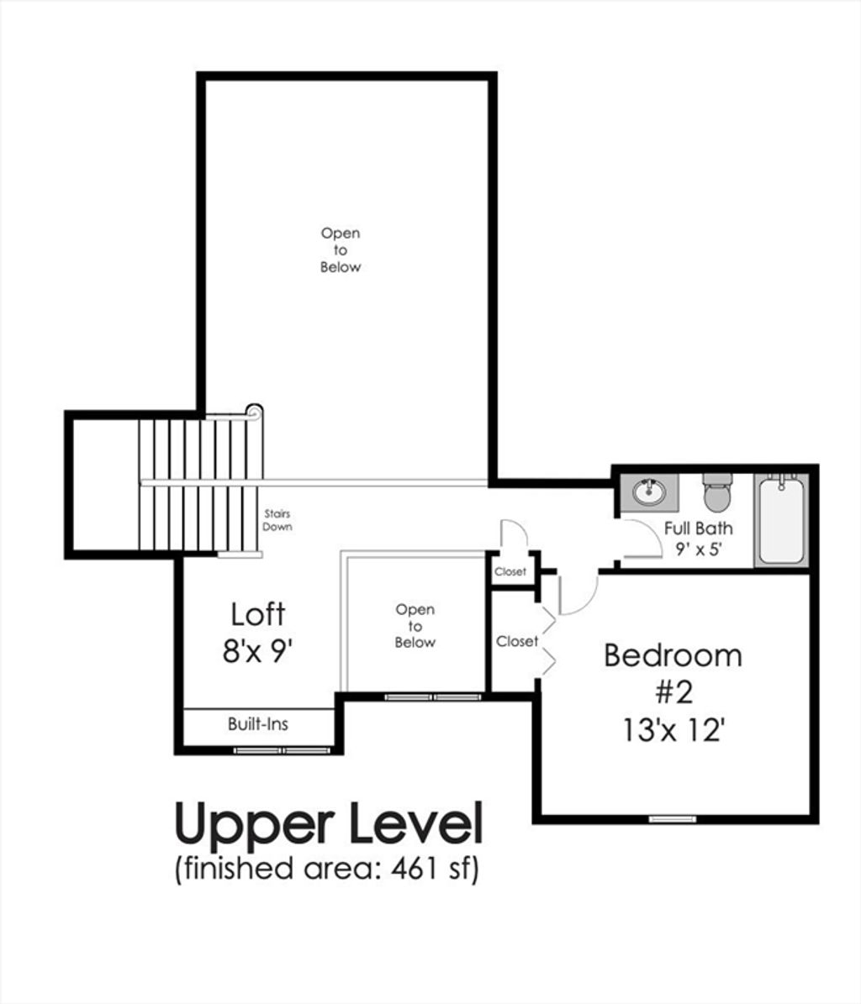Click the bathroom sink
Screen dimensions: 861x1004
click(x=649, y=492)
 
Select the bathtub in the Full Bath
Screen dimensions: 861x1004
click(x=781, y=520)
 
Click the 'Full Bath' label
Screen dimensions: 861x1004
click(x=698, y=528)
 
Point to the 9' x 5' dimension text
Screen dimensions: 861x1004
click(x=698, y=549)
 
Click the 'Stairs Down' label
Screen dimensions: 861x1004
click(x=277, y=520)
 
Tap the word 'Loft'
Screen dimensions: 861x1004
click(x=258, y=614)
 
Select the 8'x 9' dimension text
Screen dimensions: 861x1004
click(x=257, y=652)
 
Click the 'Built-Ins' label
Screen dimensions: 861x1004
click(x=258, y=724)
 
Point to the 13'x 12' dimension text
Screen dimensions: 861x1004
click(x=673, y=729)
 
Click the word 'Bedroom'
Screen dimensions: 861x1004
click(x=673, y=655)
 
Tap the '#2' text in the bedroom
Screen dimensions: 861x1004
click(x=674, y=692)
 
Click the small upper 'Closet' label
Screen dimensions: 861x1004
click(x=510, y=572)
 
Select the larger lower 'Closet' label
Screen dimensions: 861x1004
click(x=517, y=641)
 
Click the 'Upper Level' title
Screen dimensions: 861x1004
click(x=329, y=826)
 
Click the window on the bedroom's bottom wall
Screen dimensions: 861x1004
click(x=672, y=819)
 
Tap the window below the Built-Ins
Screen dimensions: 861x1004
click(x=283, y=749)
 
